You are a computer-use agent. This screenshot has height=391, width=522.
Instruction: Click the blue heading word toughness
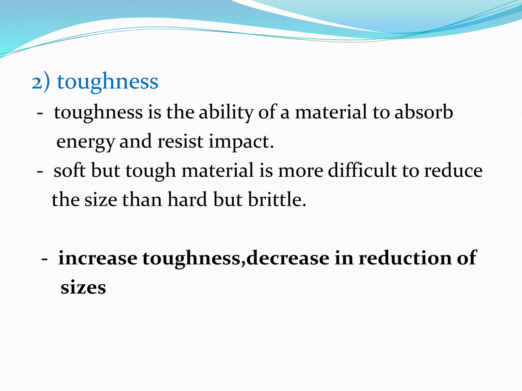108,82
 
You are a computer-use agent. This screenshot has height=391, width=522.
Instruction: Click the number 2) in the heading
41,82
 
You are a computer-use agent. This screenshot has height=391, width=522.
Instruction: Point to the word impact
241,142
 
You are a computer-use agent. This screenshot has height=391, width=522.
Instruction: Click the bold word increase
98,258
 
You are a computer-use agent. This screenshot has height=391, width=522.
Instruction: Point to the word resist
180,142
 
